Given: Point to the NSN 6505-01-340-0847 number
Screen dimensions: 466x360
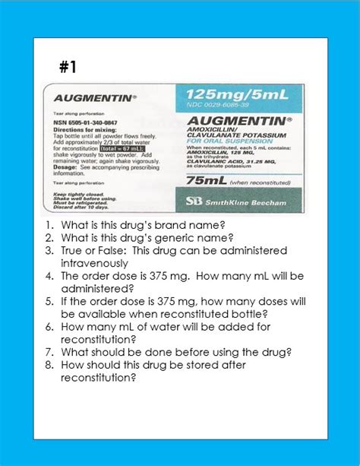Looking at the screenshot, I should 85,122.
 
